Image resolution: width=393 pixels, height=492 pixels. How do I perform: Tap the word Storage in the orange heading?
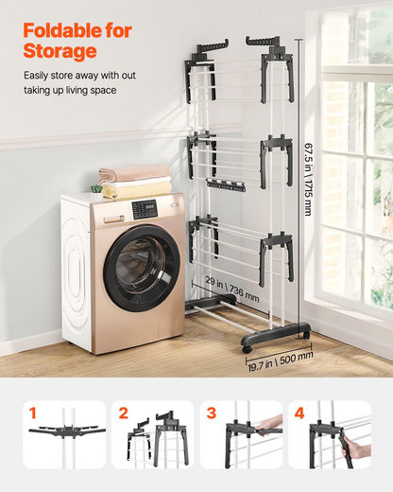click(60, 51)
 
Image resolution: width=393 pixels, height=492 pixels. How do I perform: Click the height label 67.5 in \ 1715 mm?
click(309, 179)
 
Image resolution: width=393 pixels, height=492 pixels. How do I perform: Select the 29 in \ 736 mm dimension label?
click(232, 289)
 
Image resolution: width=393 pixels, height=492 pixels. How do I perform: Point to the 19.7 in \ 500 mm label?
click(281, 361)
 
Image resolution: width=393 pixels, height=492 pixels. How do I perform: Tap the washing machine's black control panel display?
click(145, 209)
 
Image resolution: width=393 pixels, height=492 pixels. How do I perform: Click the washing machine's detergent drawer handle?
click(113, 219)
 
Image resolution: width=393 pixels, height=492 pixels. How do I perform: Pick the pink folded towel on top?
click(135, 173)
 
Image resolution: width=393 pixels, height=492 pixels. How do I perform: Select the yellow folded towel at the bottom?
click(137, 191)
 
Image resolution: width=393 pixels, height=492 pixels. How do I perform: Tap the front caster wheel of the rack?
click(248, 349)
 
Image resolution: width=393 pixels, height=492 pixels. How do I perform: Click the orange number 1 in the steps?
click(33, 413)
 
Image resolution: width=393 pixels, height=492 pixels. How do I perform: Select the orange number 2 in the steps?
click(124, 413)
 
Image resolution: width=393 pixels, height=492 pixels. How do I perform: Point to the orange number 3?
click(212, 413)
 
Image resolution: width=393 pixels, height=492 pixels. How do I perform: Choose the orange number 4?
click(299, 413)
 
